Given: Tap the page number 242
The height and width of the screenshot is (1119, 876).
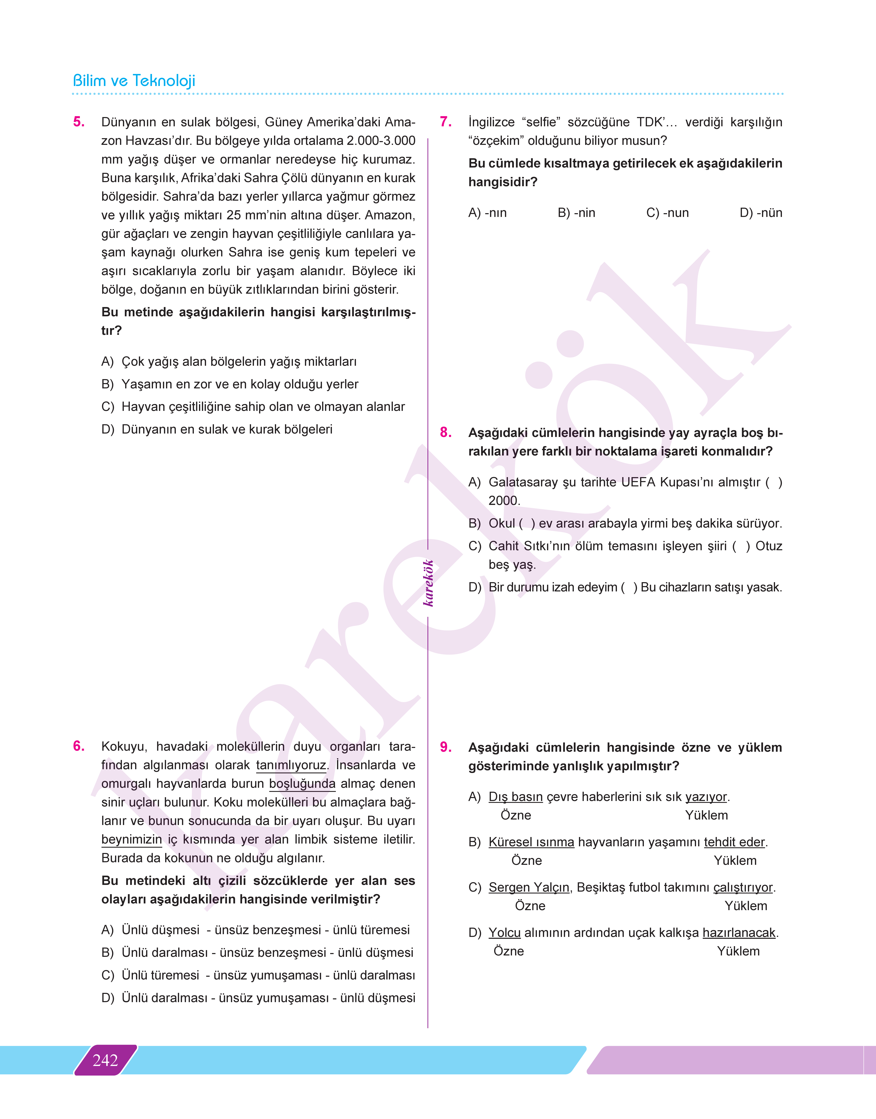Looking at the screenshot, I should click(x=105, y=1060).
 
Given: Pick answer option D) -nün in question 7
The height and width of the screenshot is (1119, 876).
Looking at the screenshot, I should click(x=761, y=213).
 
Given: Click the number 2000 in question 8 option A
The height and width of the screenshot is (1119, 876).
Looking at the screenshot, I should click(x=504, y=501).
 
